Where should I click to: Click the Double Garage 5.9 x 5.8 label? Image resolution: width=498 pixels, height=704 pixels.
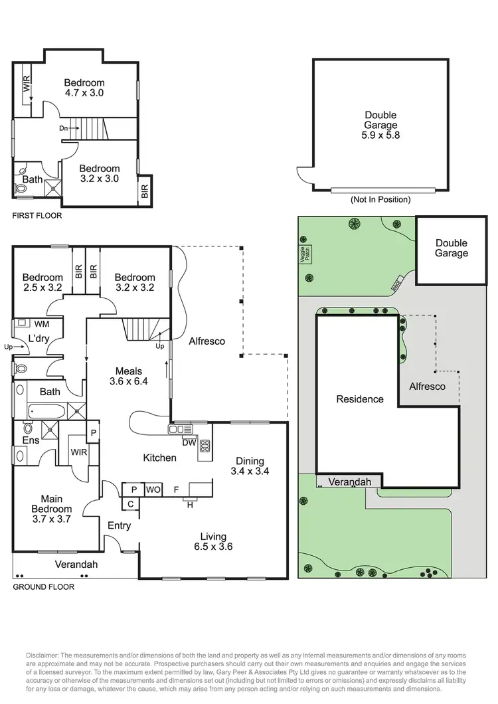381,125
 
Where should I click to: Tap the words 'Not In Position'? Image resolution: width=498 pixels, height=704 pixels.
380,199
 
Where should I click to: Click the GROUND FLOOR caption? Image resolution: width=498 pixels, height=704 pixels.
44,586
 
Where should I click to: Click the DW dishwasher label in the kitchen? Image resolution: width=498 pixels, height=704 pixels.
188,442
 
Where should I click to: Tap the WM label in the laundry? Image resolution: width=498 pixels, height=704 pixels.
41,323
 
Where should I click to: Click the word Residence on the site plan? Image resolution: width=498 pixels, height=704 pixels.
360,399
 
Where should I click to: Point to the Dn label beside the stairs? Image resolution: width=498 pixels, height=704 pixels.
64,128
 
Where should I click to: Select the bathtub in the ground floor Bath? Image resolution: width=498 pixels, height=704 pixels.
43,410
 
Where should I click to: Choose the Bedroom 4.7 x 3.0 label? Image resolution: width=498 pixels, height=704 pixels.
84,88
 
